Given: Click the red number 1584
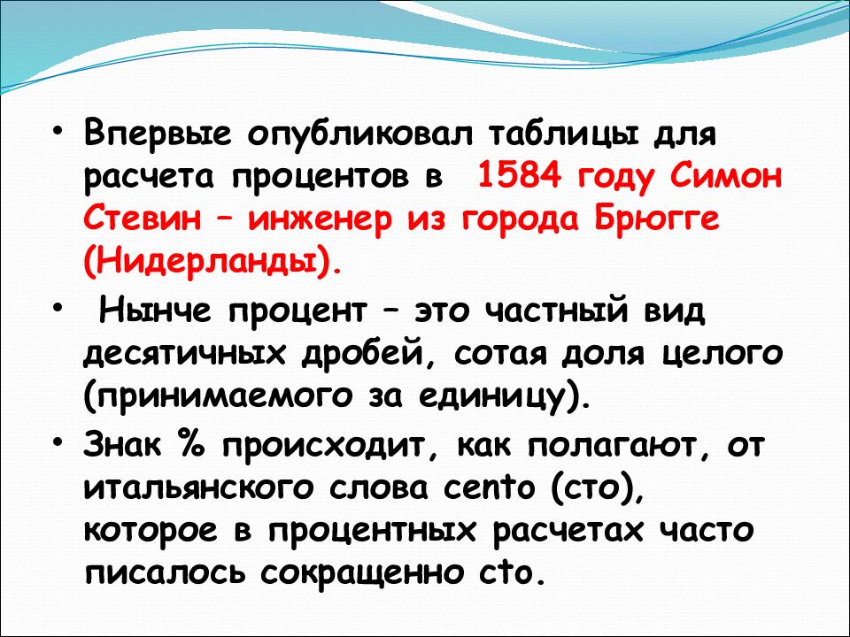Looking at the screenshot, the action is click(518, 176).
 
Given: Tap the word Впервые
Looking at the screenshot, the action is click(158, 134).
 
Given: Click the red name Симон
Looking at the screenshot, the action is click(726, 176).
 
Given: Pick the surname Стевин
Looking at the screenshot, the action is click(142, 219).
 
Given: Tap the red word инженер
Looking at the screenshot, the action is click(320, 220).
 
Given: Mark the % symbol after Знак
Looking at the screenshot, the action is click(190, 444).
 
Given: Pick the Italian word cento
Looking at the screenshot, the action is click(489, 487).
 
